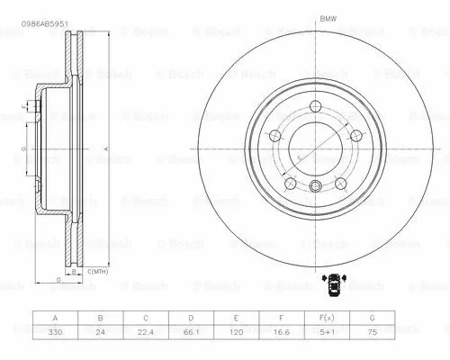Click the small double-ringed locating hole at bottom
pyautogui.click(x=315, y=186)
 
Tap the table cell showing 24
pyautogui.click(x=102, y=333)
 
